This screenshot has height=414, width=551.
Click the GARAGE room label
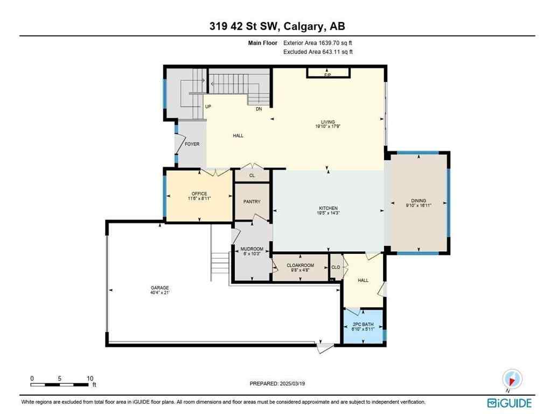(160, 288)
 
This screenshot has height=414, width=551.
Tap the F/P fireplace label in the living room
(327, 75)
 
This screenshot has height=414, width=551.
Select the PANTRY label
(252, 202)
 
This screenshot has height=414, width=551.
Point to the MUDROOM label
(250, 249)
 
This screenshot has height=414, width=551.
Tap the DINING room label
(419, 201)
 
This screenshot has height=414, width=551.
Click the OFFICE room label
(199, 194)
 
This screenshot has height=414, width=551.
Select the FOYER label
(192, 144)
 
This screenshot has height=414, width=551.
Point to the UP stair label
(207, 107)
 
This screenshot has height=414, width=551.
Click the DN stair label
(259, 109)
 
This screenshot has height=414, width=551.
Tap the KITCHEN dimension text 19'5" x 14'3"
(328, 213)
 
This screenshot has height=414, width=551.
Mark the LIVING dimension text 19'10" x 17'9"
(328, 127)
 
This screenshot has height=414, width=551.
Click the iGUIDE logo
(509, 403)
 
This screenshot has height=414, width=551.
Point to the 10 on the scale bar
(90, 378)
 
